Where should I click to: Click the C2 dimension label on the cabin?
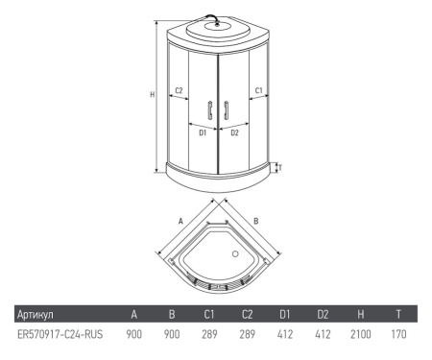coord(179,90)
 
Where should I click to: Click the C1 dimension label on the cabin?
coord(258,90)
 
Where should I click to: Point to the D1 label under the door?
coord(203,132)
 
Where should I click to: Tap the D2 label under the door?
coord(234,132)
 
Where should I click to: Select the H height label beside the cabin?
coord(153,94)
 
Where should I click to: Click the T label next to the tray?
coord(280,168)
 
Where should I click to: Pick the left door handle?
coord(210,110)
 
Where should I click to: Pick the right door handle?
coord(227,110)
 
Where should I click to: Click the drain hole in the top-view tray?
coord(235,254)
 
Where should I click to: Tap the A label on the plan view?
coord(180,221)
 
